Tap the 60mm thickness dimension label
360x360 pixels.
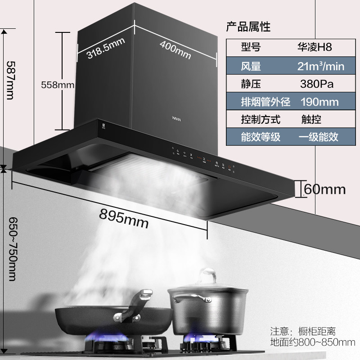[x=324, y=189]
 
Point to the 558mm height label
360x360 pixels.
[x=57, y=84]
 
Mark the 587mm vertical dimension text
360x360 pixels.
[x=9, y=81]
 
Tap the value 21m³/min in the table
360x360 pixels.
[x=321, y=67]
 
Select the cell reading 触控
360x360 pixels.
[x=311, y=119]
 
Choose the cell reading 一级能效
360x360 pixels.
[x=318, y=136]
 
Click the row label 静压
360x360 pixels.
[x=251, y=84]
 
